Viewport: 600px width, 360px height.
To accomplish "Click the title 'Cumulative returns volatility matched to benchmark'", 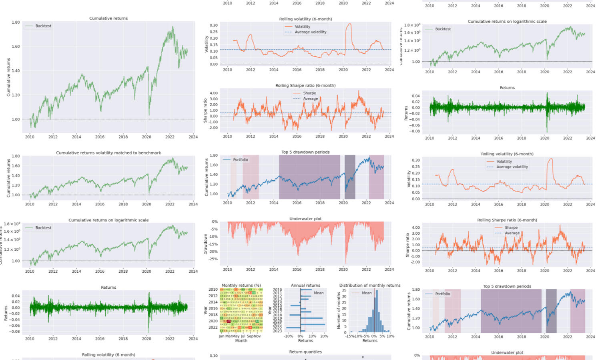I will [108, 153].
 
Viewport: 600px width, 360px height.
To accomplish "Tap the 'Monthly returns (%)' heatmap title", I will [241, 286].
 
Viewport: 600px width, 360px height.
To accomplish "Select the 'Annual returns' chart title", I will [305, 286].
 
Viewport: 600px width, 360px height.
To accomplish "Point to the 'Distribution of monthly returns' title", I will [370, 286].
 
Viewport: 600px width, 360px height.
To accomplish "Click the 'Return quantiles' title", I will [305, 352].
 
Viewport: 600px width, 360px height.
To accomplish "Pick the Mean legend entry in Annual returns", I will [319, 293].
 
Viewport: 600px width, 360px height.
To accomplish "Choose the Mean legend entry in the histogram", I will [367, 293].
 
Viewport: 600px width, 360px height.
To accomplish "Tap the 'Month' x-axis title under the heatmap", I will [241, 341].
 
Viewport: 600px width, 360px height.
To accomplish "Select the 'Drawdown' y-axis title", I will [206, 244].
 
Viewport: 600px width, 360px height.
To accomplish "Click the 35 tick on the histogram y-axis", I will [344, 290].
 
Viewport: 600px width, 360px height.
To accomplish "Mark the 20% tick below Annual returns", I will [324, 336].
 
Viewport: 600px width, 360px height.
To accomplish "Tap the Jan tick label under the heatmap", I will [221, 336].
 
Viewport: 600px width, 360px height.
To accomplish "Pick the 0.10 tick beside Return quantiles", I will [214, 356].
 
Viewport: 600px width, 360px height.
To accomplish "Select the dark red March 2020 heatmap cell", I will [229, 321].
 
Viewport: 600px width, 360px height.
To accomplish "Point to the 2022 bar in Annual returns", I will [293, 328].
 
